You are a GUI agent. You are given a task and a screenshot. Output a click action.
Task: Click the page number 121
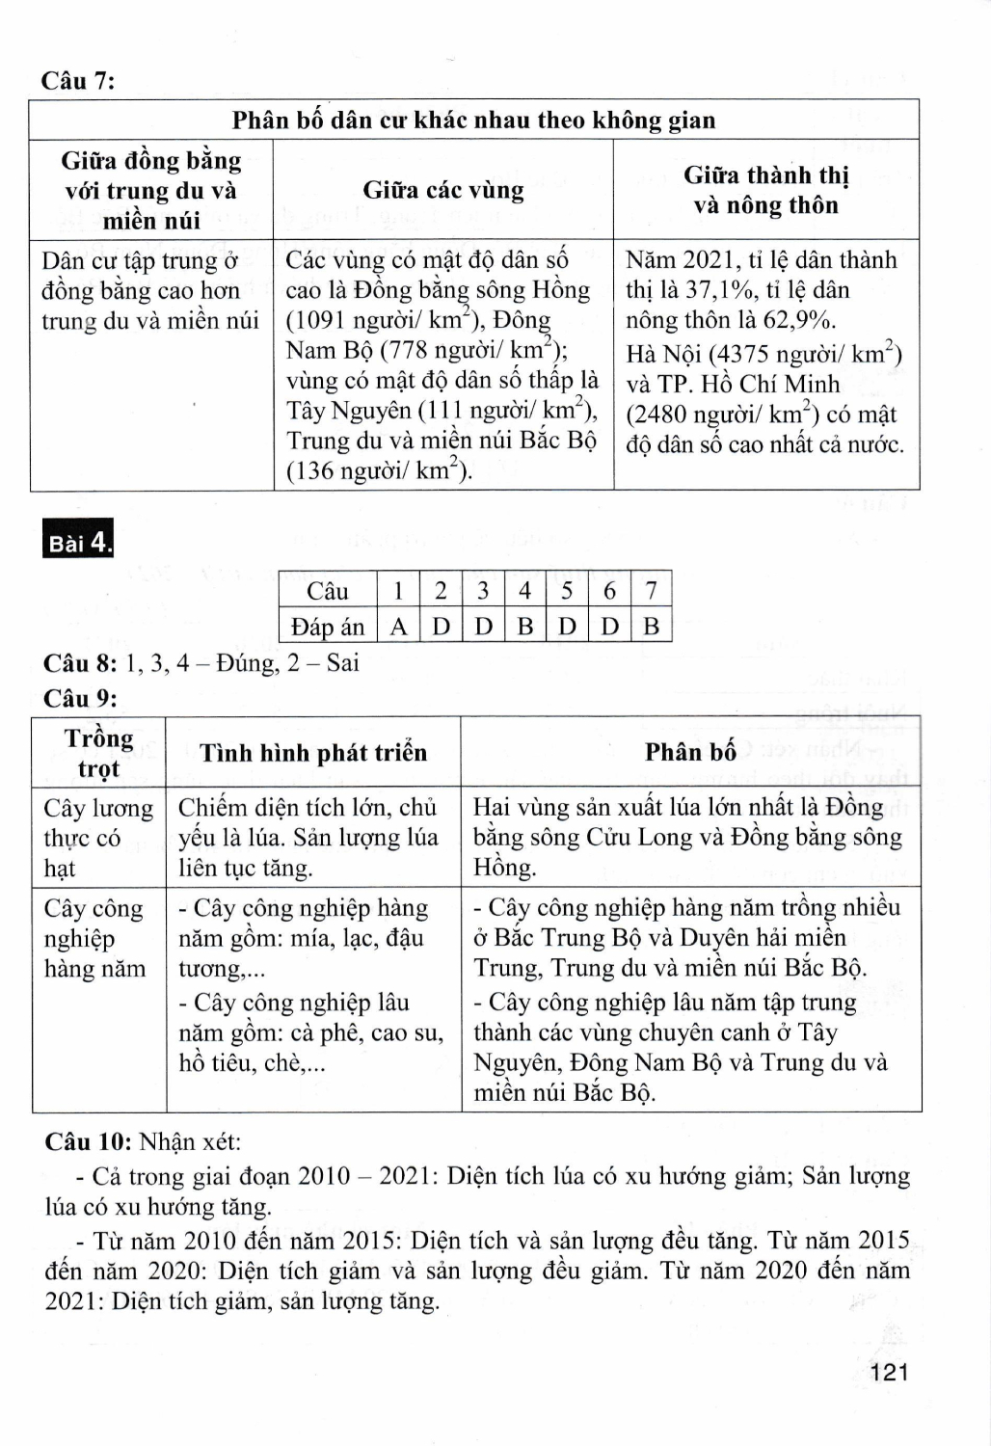[x=888, y=1373]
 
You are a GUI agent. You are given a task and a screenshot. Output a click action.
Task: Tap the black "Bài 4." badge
[x=80, y=542]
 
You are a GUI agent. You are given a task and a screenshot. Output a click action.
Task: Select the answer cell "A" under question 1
[x=398, y=627]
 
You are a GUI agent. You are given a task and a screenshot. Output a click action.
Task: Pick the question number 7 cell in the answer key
[x=652, y=590]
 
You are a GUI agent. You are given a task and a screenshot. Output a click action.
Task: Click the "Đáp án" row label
[x=328, y=627]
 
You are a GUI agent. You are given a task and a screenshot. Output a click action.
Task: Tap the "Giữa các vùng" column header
[x=443, y=190]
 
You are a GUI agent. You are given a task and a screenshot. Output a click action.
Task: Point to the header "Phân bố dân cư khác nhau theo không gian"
[x=473, y=120]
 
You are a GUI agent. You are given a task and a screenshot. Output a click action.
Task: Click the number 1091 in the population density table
[x=323, y=321]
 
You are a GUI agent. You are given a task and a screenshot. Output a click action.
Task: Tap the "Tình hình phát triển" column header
[x=313, y=753]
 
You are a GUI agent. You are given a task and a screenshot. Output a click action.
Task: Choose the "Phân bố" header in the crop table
[x=690, y=752]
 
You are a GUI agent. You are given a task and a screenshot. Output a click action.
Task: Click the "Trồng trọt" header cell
[x=98, y=753]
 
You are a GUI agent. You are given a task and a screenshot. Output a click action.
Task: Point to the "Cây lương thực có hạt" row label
[x=97, y=838]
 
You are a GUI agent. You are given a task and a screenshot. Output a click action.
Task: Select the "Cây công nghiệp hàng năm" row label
[x=94, y=938]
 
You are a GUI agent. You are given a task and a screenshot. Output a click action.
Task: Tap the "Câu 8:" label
[x=80, y=663]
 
